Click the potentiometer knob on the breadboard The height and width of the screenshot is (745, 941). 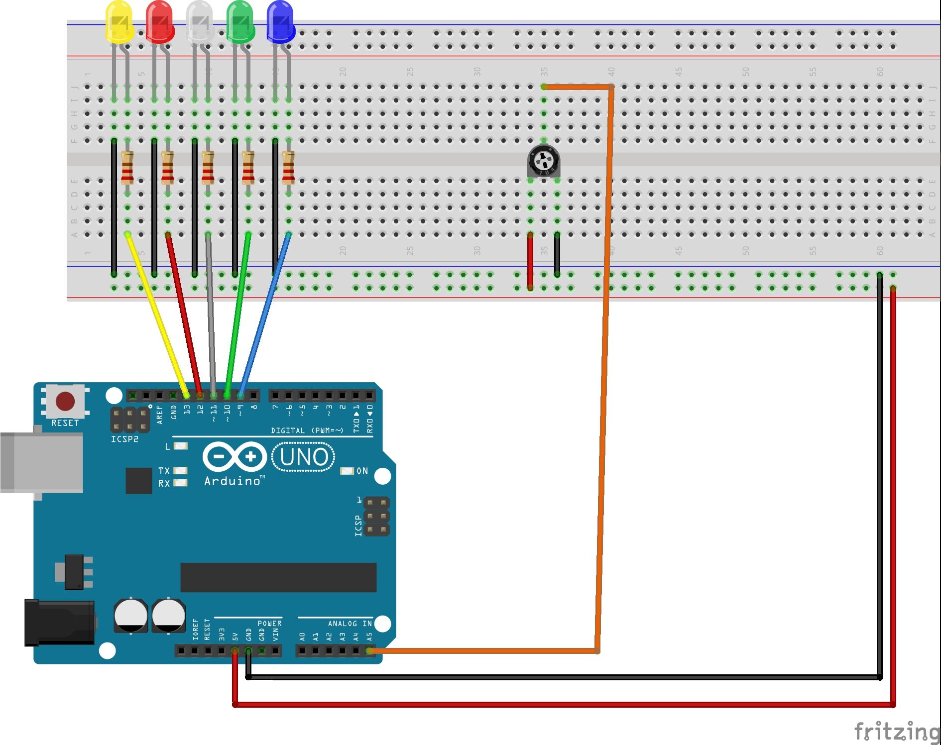point(544,161)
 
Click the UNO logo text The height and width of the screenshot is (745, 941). point(303,457)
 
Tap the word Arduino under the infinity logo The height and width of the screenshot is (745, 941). point(233,481)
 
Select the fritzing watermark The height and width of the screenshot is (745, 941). point(896,732)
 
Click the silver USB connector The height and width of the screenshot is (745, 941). point(42,462)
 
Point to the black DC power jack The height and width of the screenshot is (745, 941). point(60,623)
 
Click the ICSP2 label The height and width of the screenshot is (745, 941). point(124,439)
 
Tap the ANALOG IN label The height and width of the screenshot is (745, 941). point(350,624)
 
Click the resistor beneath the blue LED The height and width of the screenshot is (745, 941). point(288,167)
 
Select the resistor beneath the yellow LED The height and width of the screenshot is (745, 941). point(127,167)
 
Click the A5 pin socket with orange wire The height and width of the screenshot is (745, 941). point(369,650)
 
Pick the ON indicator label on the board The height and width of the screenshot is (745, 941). point(362,471)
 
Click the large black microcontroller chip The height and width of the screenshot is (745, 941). point(278,577)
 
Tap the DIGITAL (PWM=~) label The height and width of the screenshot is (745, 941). point(307,430)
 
